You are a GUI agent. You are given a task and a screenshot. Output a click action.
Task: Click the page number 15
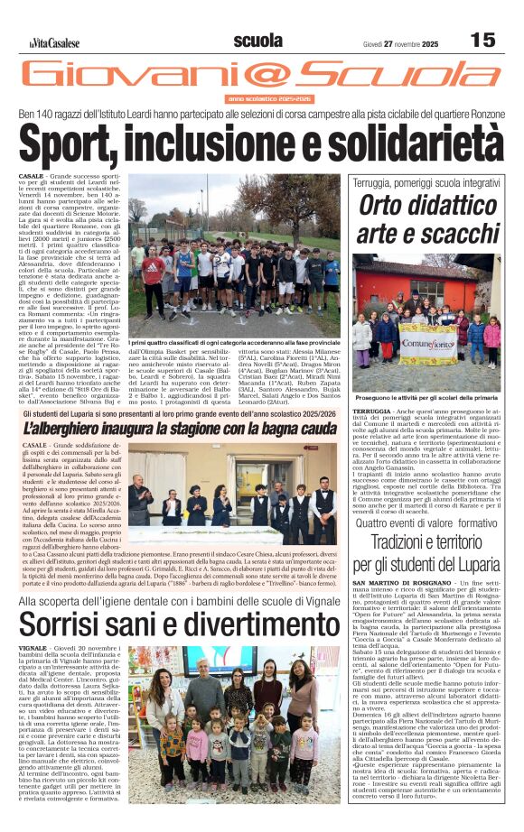coord(482,40)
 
